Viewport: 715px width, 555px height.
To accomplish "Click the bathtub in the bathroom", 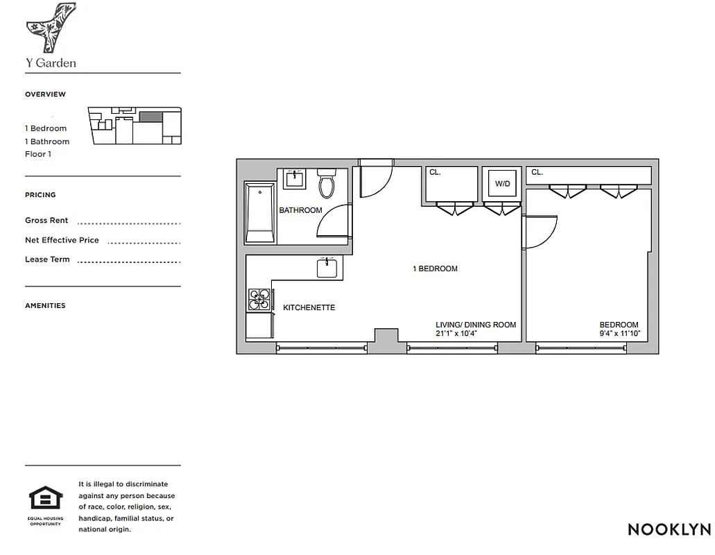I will tap(261, 212).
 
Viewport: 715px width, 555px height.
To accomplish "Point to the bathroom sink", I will tap(295, 179).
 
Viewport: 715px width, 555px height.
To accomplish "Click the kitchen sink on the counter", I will tap(327, 268).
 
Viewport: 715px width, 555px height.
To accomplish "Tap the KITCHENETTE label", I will tap(309, 307).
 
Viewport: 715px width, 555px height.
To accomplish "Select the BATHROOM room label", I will tap(300, 210).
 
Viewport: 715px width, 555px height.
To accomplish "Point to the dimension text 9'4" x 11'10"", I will tap(619, 334).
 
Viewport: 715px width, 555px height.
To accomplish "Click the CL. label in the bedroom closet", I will tap(537, 172).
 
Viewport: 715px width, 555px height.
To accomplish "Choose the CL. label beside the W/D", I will tap(435, 172).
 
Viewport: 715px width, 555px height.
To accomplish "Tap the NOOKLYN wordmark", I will tap(669, 529).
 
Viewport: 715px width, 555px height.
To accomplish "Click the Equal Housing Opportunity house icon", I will tap(46, 499).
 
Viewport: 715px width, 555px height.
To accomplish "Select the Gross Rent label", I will tap(46, 221).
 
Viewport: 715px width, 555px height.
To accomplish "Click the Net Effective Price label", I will tap(62, 240).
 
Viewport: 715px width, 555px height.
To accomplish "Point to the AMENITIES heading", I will tap(45, 305).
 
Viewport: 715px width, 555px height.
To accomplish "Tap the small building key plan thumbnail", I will tap(135, 126).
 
